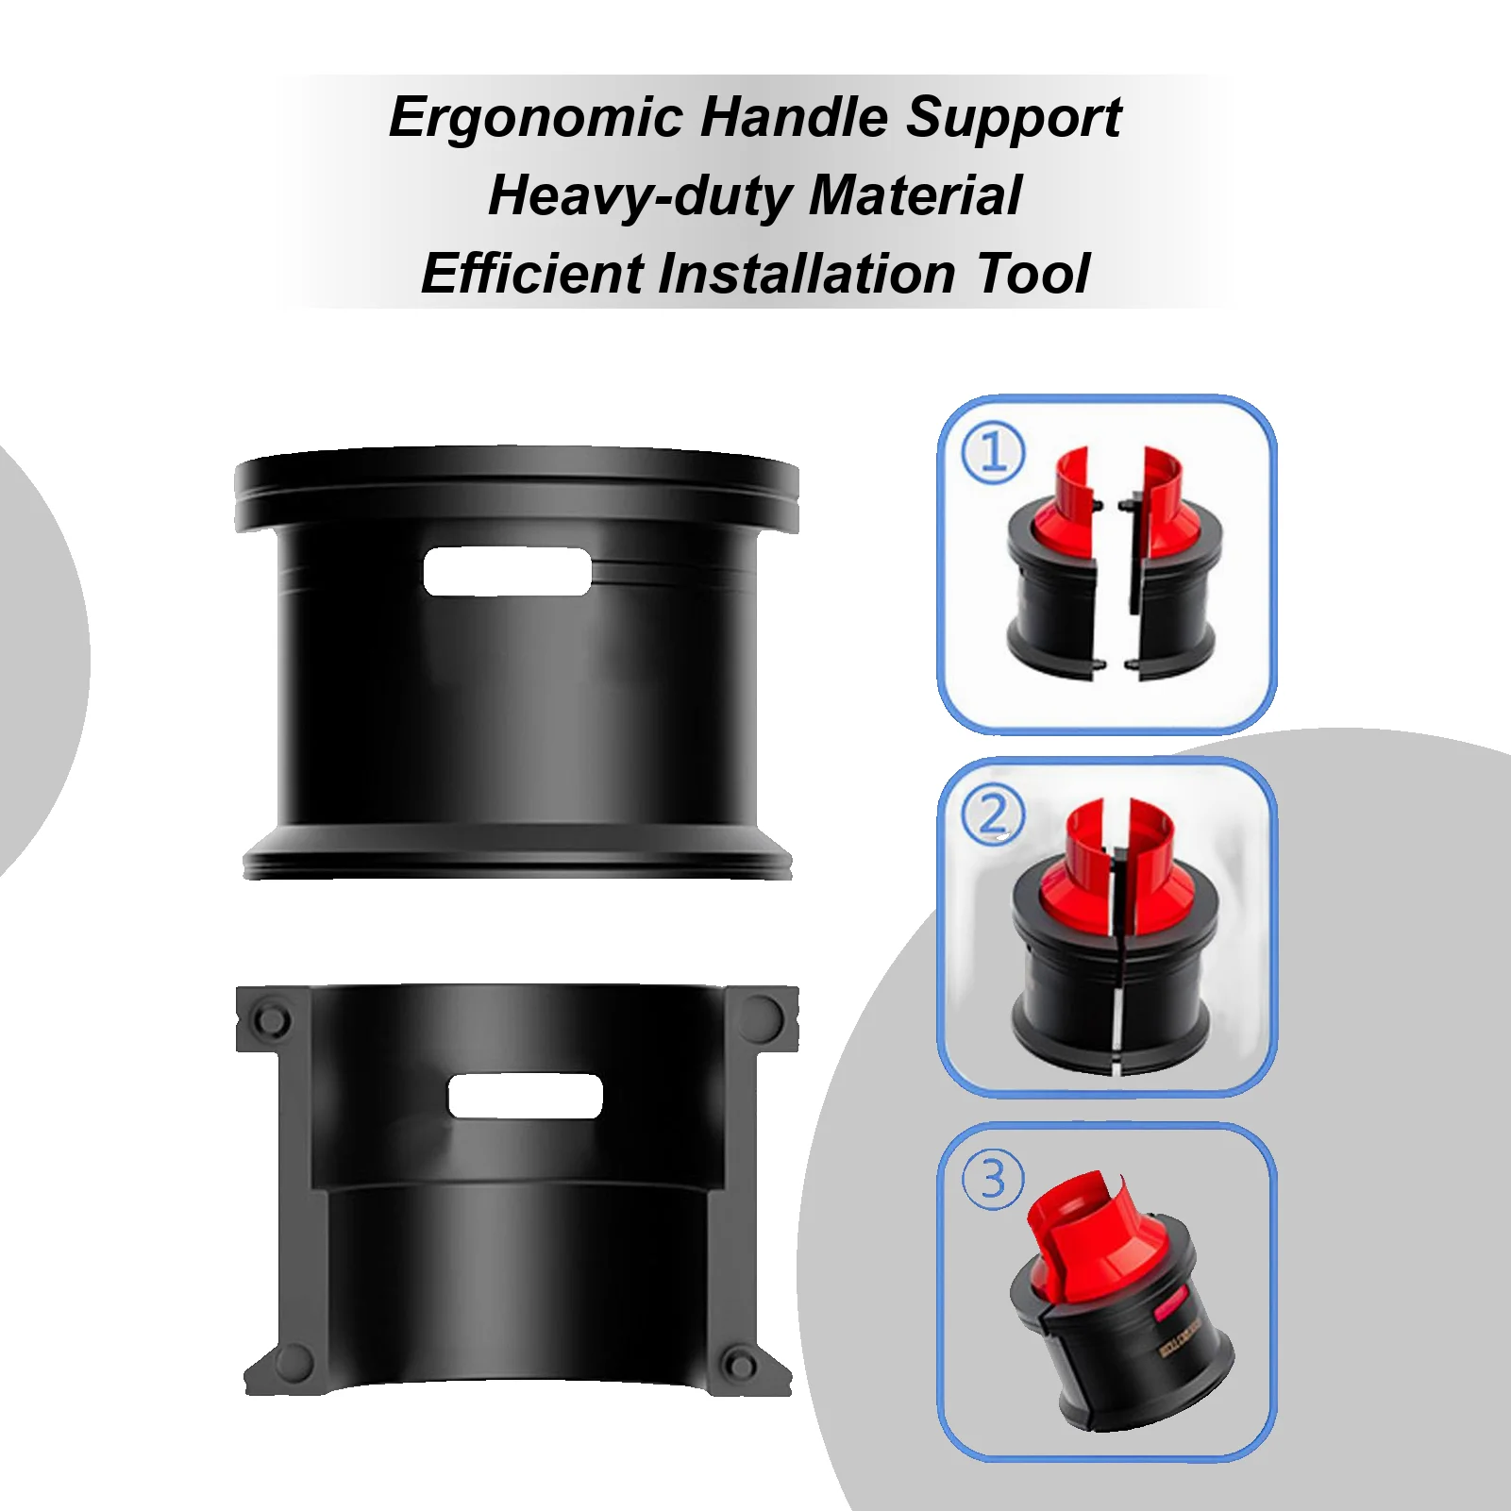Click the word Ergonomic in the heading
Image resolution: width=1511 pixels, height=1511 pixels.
[535, 119]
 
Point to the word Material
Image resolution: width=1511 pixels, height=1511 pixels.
[915, 195]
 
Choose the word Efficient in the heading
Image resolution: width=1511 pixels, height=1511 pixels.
[532, 274]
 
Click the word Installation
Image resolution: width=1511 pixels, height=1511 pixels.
[807, 274]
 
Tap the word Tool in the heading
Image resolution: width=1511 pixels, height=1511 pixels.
[1033, 274]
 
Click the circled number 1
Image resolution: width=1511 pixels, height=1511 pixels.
[993, 452]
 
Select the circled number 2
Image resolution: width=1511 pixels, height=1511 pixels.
[993, 814]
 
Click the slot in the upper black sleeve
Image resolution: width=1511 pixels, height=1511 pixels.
[507, 571]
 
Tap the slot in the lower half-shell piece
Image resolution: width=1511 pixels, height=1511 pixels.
[525, 1096]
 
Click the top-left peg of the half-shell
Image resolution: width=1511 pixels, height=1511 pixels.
[271, 1019]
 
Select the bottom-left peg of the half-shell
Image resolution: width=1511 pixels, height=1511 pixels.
[294, 1362]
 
